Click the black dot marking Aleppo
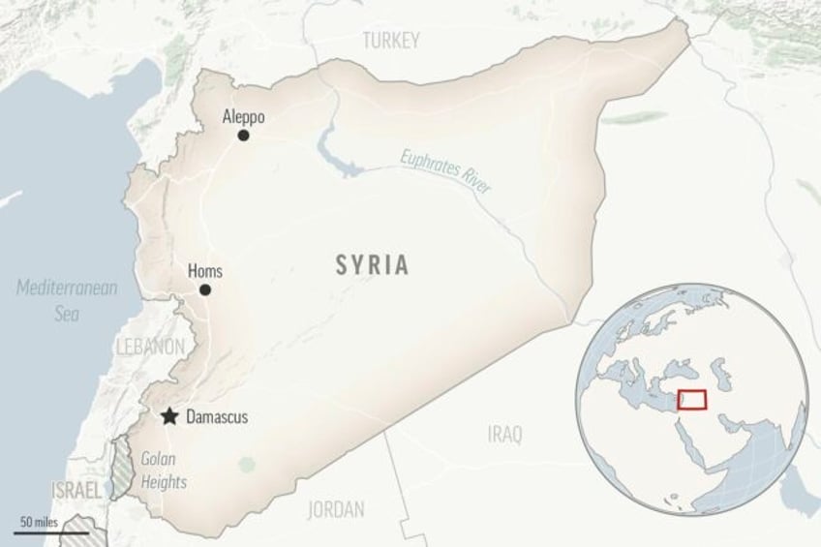coord(243,136)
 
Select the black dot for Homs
coord(204,289)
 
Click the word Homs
coord(204,272)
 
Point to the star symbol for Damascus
coord(169,416)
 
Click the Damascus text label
coord(217,417)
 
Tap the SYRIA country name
coord(372,265)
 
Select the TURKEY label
coord(391,41)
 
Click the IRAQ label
coord(504,436)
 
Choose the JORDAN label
coord(335,509)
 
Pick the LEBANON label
coord(149,347)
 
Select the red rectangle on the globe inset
coord(691,399)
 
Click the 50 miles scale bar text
coord(37,523)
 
